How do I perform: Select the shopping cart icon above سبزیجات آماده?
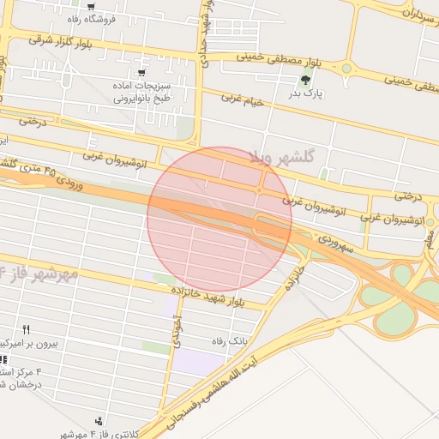[142, 74]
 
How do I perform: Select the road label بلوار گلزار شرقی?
[64, 39]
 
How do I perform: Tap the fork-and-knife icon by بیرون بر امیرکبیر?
[26, 329]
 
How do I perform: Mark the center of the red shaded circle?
[219, 219]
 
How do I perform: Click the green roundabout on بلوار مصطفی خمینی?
[346, 68]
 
